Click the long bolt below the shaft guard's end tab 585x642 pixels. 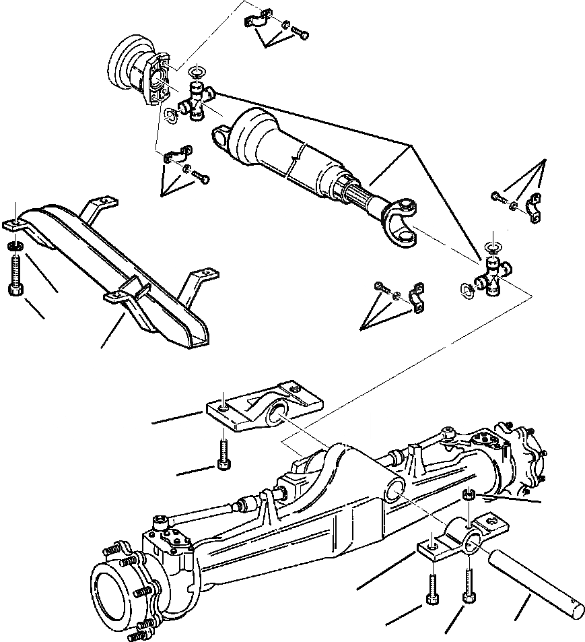[x=18, y=273]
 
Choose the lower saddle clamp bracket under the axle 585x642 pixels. [x=464, y=538]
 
